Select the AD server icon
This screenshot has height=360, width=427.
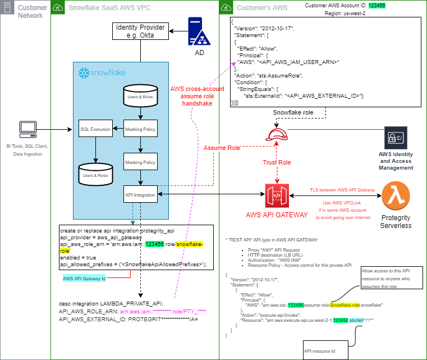[x=199, y=33]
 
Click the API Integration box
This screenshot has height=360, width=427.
[x=140, y=194]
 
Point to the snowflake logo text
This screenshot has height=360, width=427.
[x=102, y=73]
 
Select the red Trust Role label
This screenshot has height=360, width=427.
[x=277, y=163]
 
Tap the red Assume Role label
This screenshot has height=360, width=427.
[x=222, y=148]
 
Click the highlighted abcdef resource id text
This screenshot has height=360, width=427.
[x=356, y=320]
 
